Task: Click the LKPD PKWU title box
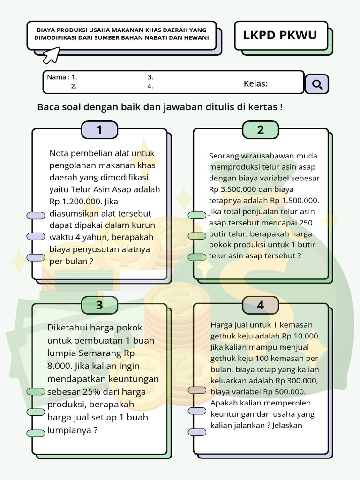click(x=280, y=35)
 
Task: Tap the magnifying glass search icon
click(x=317, y=84)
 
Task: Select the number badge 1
click(x=99, y=130)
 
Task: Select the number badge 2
click(x=261, y=130)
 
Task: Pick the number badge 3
click(x=99, y=305)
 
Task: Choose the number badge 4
click(x=261, y=305)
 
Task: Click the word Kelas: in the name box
click(x=255, y=84)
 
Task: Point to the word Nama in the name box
click(x=56, y=77)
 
